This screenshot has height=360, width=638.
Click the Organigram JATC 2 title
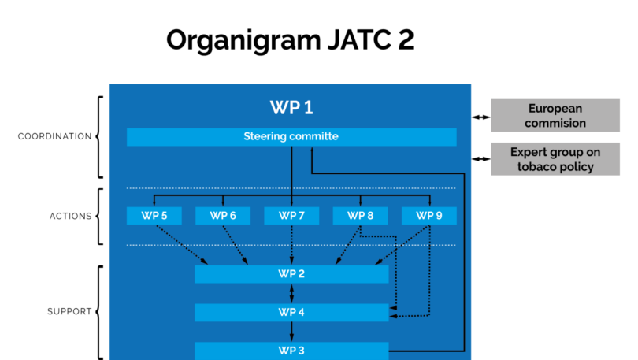[290, 41]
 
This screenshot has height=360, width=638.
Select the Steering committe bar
[291, 137]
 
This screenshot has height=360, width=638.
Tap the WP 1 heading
[291, 107]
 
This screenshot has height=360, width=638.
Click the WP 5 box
[154, 216]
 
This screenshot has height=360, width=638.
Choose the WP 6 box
[223, 216]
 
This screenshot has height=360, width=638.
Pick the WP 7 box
[291, 216]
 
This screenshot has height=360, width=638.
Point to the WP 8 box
[360, 216]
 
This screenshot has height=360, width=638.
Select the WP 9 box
[428, 216]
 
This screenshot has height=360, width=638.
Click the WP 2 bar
[291, 274]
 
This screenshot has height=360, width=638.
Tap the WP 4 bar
[291, 313]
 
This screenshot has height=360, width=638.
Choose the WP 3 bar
[291, 351]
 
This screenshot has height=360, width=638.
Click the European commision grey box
[555, 116]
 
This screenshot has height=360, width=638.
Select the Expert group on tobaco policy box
[555, 159]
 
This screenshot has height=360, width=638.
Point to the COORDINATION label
[54, 137]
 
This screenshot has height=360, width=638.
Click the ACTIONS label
[70, 217]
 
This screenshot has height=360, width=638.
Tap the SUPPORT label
[69, 312]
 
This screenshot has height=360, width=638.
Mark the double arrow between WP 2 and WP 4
[291, 293]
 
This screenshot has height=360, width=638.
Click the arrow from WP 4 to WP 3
[291, 332]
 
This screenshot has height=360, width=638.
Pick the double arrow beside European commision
[481, 117]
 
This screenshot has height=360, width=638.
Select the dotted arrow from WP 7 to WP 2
[291, 245]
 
